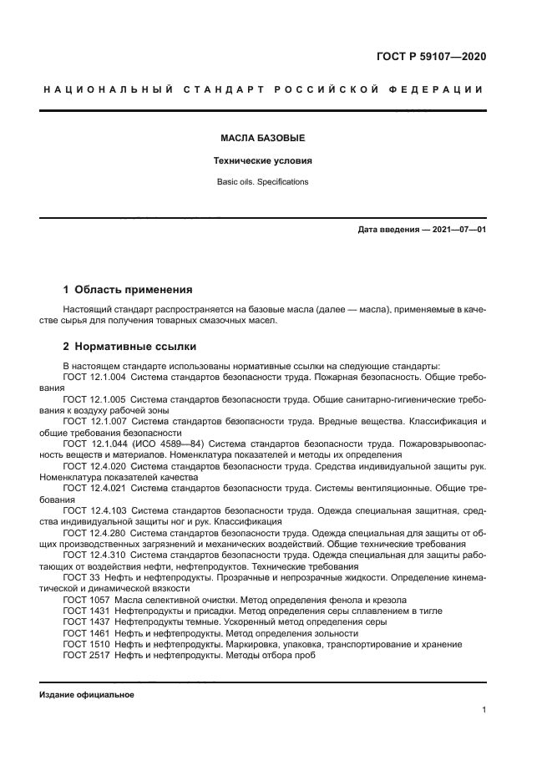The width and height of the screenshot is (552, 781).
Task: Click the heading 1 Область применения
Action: click(128, 290)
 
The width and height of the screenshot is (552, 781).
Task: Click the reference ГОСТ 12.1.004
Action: click(94, 378)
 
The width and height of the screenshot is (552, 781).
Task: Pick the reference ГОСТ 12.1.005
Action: click(94, 399)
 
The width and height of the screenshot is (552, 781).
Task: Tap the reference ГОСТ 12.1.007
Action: click(94, 421)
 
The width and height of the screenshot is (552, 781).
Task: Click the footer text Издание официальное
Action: click(87, 694)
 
